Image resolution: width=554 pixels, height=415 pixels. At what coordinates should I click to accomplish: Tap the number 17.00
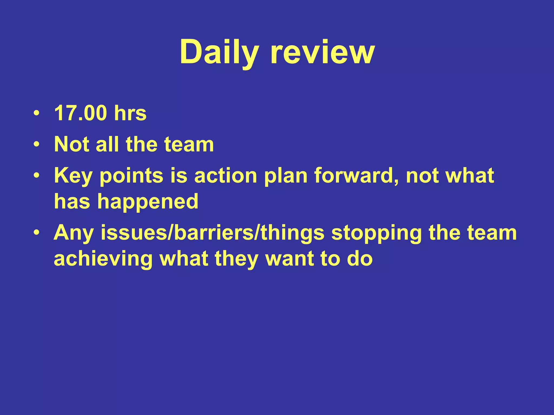(x=81, y=113)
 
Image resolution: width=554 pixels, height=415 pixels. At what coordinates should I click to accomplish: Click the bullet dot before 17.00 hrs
(x=37, y=113)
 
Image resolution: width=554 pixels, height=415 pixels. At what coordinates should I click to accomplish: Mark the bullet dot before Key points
(x=37, y=176)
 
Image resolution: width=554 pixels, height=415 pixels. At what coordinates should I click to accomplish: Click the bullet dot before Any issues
(x=37, y=233)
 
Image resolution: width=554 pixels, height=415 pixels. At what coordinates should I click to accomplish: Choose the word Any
(x=74, y=233)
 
